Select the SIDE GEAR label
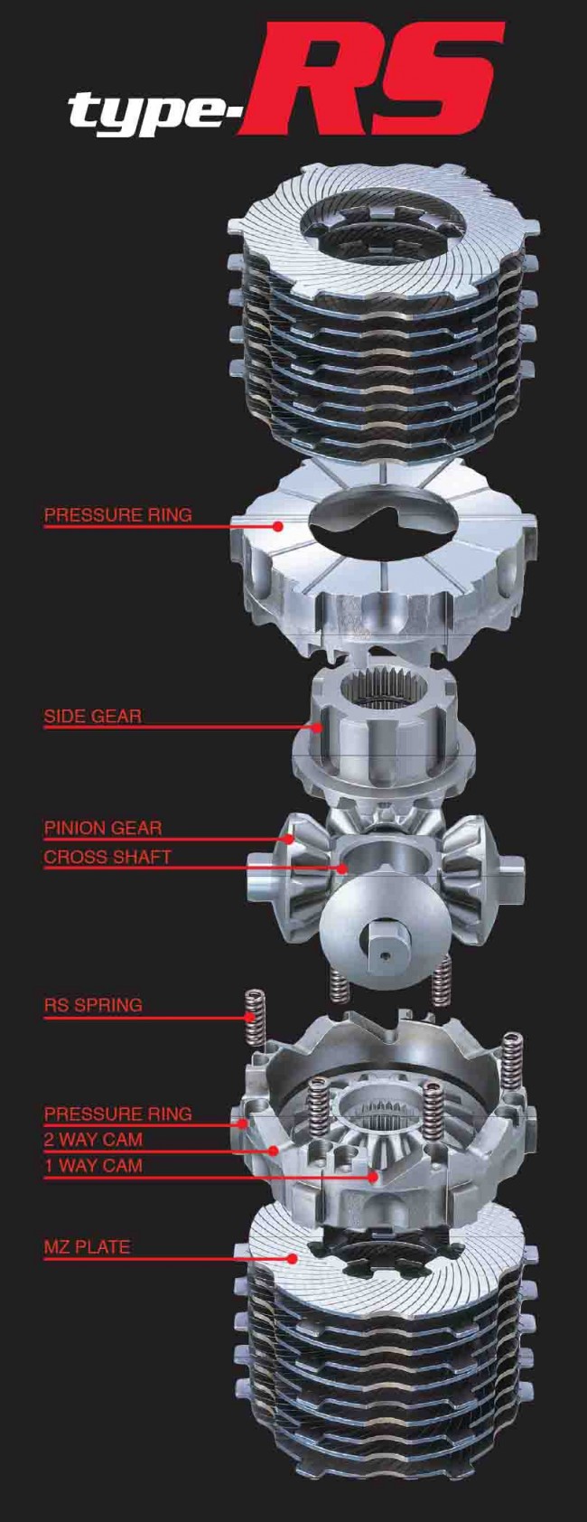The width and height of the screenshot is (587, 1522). (x=93, y=717)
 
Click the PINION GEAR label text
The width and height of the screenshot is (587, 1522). (x=103, y=828)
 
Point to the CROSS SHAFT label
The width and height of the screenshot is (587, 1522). (x=107, y=857)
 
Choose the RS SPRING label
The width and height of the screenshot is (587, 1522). (x=93, y=1005)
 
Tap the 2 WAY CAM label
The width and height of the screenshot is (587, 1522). (x=93, y=1140)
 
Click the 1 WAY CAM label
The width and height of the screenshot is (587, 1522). (x=93, y=1166)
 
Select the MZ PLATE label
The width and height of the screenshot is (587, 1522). (x=87, y=1247)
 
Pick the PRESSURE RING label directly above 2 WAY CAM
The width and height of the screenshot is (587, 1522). (x=118, y=1113)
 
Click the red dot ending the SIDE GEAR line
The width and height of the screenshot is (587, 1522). (x=318, y=727)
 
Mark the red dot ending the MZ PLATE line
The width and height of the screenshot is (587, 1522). (x=293, y=1257)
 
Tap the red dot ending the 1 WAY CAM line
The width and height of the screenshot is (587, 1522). (x=372, y=1177)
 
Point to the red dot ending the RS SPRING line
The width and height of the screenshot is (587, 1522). (x=250, y=1017)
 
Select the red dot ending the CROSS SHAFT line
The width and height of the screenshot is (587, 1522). (x=343, y=868)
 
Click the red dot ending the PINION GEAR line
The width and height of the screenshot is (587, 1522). (x=288, y=839)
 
